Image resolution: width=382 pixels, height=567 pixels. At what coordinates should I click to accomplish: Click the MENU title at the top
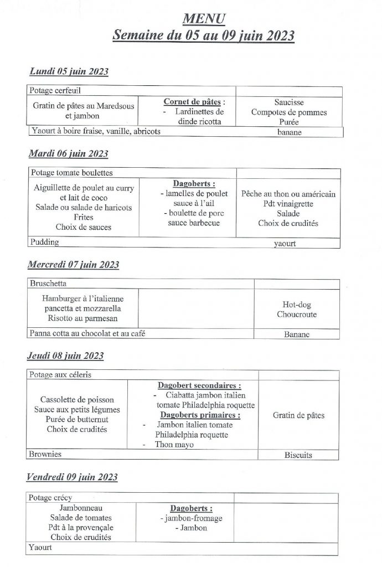point(203,19)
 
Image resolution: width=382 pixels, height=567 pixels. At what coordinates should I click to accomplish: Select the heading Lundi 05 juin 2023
point(69,72)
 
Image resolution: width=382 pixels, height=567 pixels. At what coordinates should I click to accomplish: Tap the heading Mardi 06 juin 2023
point(69,153)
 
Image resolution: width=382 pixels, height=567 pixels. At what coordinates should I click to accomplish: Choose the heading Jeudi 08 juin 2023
point(66,355)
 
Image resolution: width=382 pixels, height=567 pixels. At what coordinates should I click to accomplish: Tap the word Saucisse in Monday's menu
point(289,102)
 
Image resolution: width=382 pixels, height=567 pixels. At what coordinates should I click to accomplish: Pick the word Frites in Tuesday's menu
point(83,217)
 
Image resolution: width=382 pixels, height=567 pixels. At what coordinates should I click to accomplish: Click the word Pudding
point(45,242)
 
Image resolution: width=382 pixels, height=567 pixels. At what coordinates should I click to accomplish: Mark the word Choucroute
point(296,315)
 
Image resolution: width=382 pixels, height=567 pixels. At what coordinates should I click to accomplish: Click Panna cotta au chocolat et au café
point(91,333)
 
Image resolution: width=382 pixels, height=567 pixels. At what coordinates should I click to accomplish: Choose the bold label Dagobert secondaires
point(199,385)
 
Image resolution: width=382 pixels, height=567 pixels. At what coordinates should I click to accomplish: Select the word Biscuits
point(298,455)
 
